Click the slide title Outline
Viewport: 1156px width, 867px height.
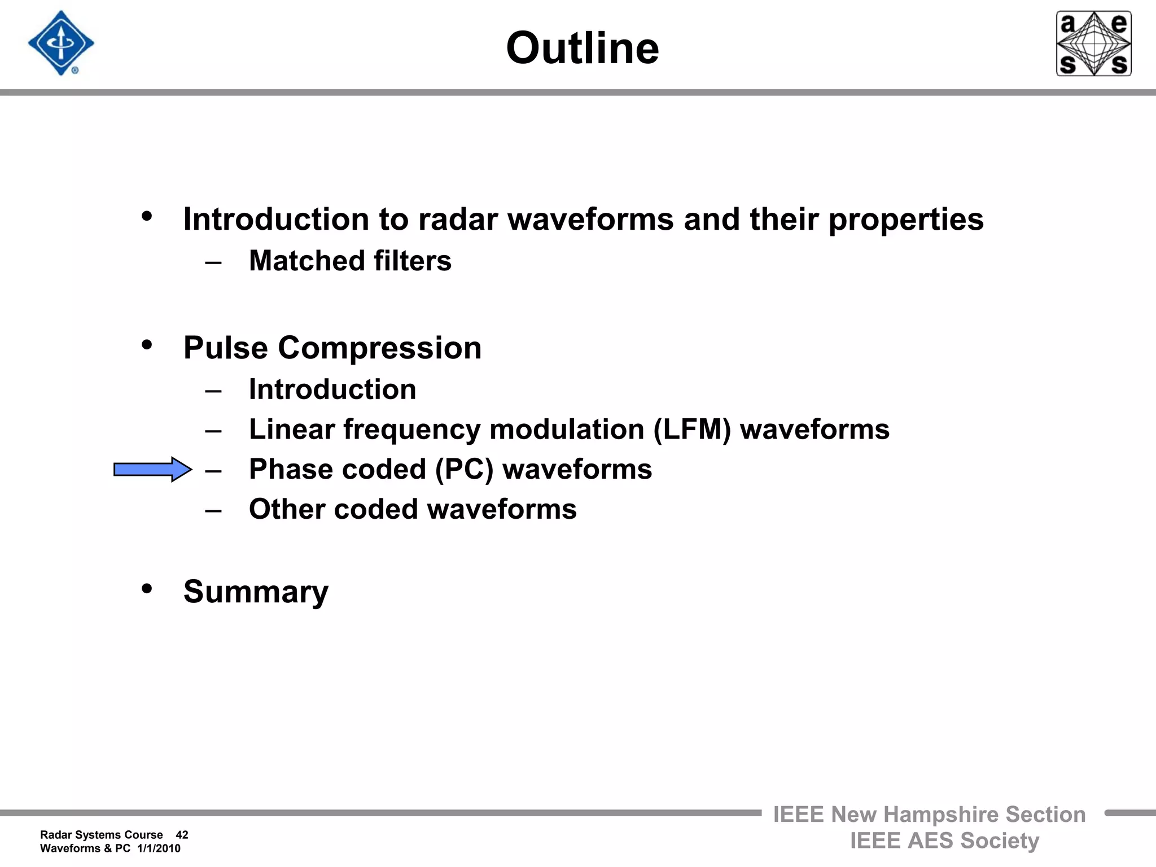(x=582, y=48)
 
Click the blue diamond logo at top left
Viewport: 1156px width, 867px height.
(x=61, y=43)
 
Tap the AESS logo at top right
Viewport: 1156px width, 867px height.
(x=1093, y=43)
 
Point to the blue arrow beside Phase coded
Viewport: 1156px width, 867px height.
(x=152, y=469)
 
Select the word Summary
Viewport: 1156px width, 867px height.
(x=256, y=592)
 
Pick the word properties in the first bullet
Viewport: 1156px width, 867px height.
(x=905, y=220)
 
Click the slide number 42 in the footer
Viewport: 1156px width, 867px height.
(x=182, y=835)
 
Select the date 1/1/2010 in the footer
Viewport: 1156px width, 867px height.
(x=159, y=848)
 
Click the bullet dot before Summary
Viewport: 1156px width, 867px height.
(x=147, y=589)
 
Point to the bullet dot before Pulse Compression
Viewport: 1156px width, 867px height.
(x=147, y=345)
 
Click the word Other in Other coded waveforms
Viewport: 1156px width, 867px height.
(x=286, y=509)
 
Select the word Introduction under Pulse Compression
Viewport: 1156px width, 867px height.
(x=332, y=389)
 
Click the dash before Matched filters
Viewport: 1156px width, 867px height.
(x=213, y=262)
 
